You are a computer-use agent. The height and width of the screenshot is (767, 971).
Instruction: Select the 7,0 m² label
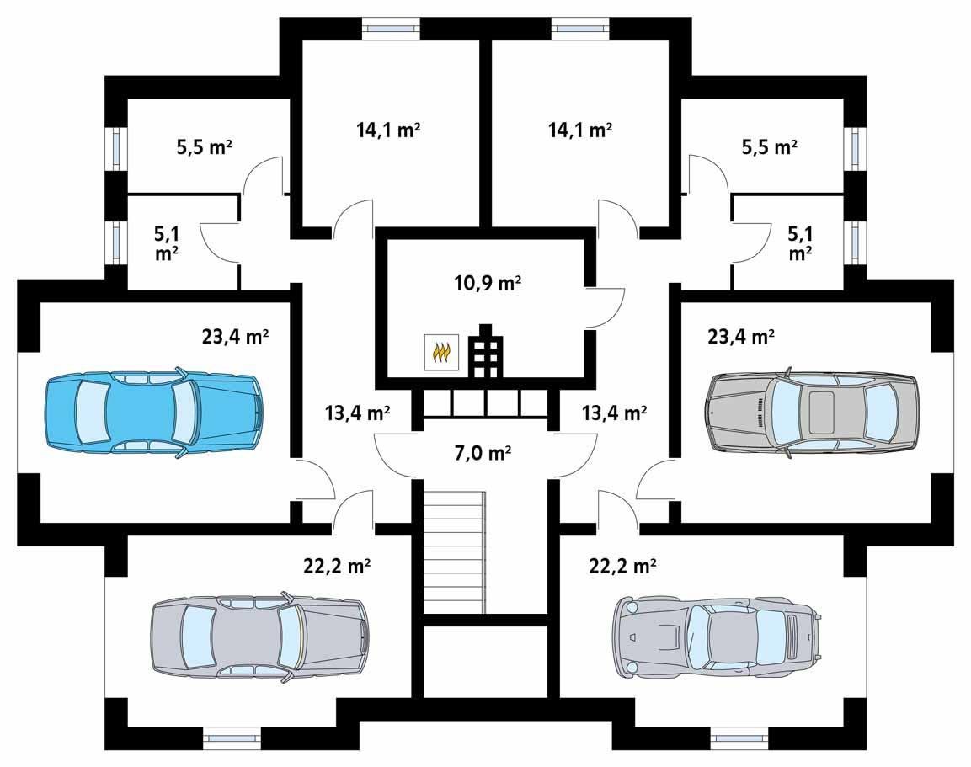coord(483,454)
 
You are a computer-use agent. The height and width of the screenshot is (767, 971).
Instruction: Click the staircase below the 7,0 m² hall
coord(455,552)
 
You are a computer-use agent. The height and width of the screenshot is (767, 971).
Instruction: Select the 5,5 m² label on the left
coord(205,147)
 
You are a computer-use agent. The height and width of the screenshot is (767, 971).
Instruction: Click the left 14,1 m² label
coord(388,130)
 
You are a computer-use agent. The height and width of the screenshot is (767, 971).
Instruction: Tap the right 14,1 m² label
coord(579,130)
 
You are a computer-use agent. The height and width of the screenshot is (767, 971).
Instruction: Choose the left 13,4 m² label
coord(357,413)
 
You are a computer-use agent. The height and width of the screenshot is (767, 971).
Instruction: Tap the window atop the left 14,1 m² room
coord(390,28)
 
